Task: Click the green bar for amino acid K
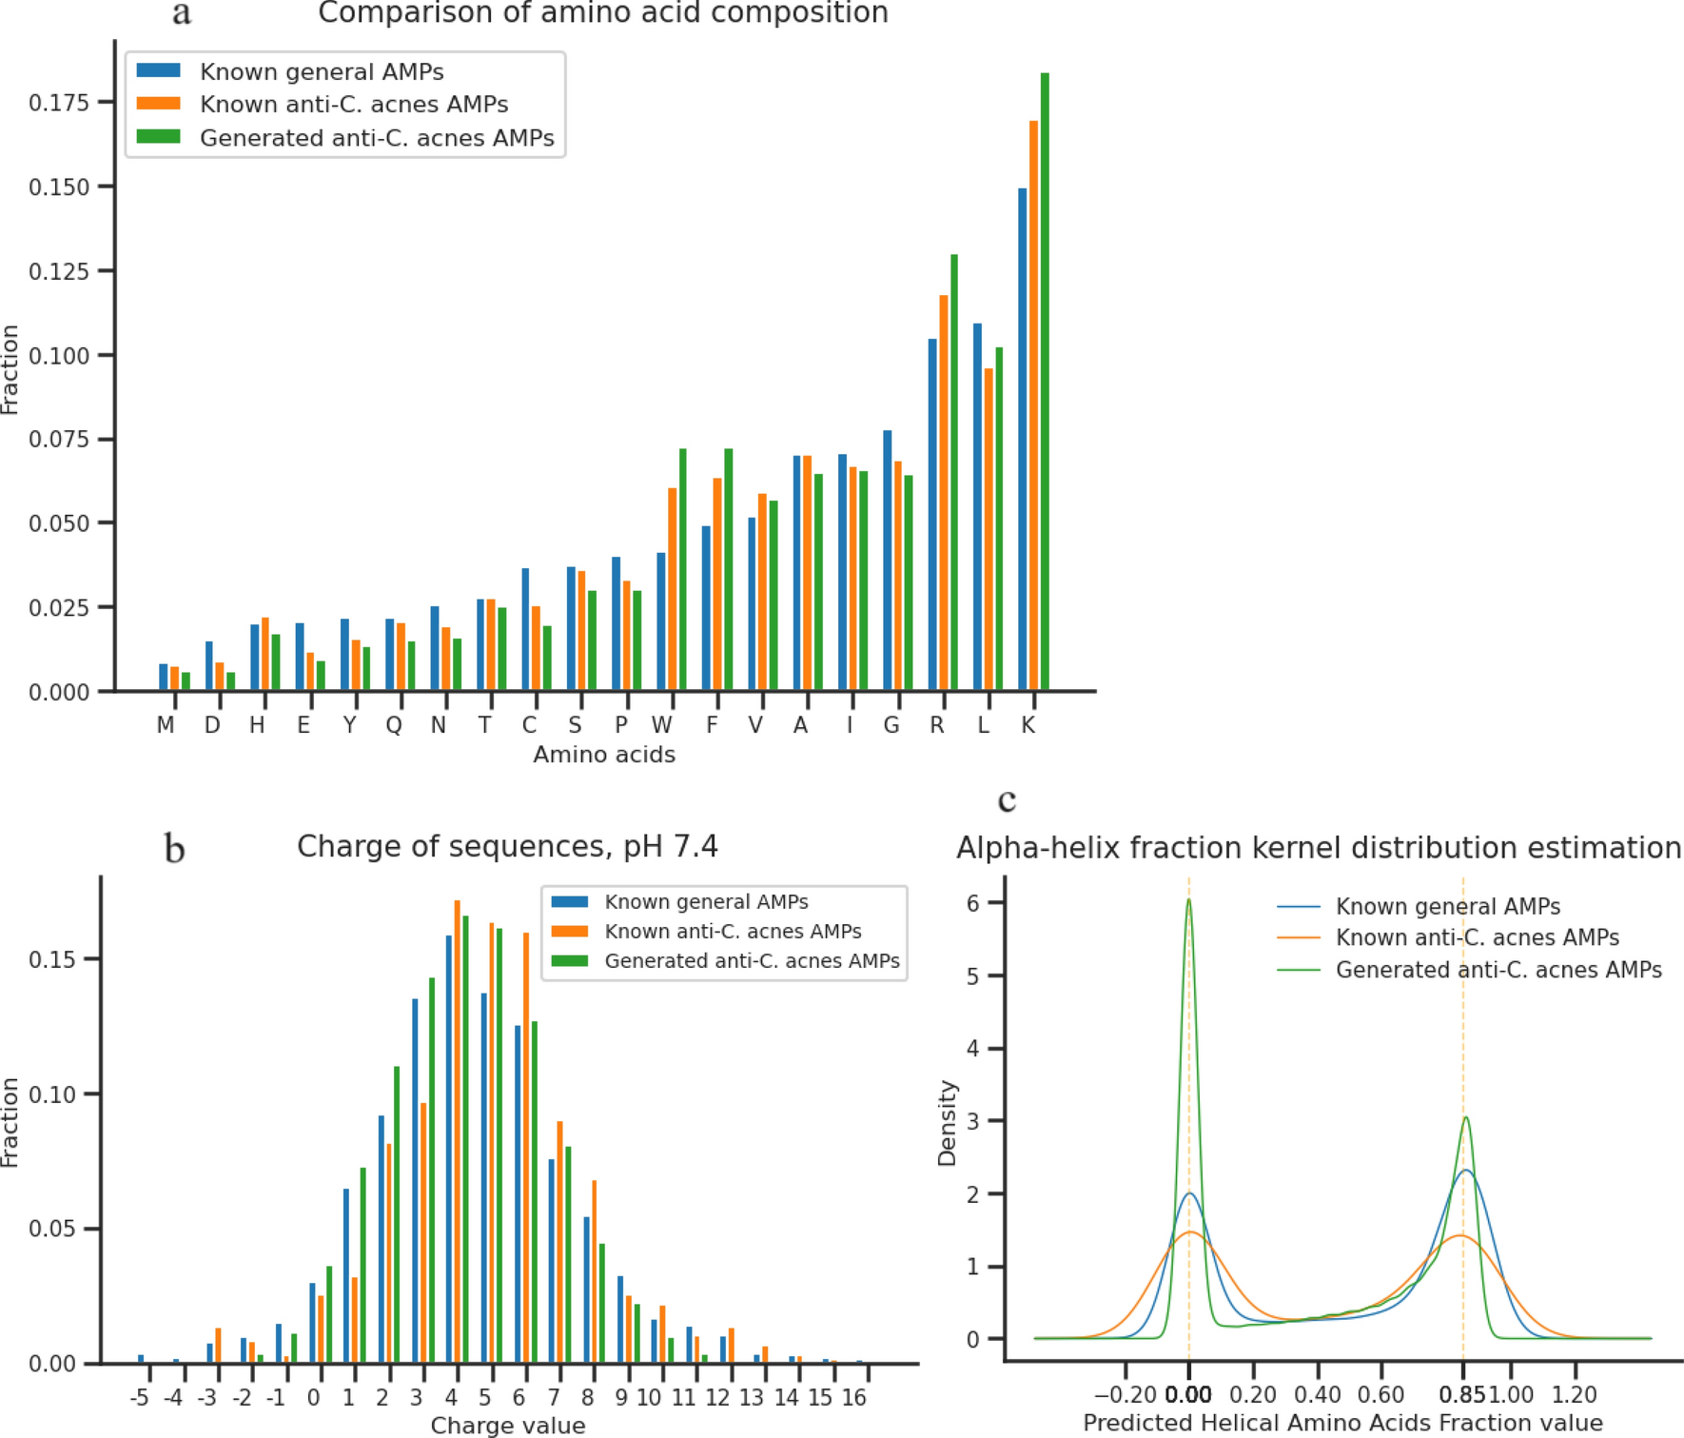pos(1045,381)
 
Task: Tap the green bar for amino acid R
pos(954,472)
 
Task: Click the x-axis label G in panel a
pos(891,726)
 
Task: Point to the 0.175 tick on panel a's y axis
pos(59,103)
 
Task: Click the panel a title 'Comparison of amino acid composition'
pos(602,13)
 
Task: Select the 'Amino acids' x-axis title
pos(604,755)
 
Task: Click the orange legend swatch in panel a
pos(158,104)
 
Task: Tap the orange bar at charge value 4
pos(458,1132)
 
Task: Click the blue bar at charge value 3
pos(415,1180)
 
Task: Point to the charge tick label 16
pos(854,1397)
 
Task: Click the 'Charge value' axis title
pos(508,1425)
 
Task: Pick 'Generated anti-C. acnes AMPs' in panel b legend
pos(752,961)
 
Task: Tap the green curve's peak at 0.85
pos(1465,1118)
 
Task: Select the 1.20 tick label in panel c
pos(1575,1395)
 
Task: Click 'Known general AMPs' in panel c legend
pos(1447,906)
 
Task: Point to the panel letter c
pos(1007,799)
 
